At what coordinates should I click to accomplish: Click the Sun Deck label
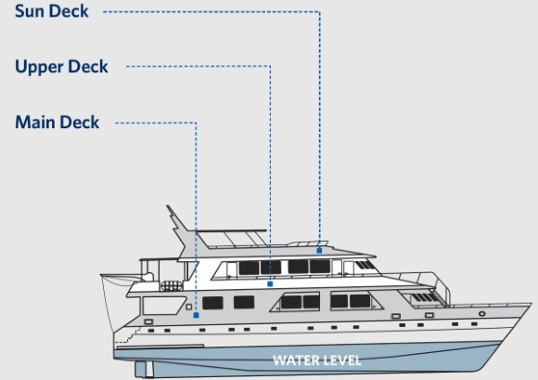[x=52, y=11]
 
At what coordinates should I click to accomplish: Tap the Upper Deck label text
[x=61, y=67]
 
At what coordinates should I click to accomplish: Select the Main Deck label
[x=58, y=123]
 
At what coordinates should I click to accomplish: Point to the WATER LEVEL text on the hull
[x=317, y=360]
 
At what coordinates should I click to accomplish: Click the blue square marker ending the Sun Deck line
[x=319, y=251]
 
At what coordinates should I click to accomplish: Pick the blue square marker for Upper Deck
[x=270, y=283]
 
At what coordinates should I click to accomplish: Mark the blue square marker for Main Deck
[x=196, y=315]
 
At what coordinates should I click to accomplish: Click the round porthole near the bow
[x=482, y=314]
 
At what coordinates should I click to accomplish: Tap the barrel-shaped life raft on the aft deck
[x=172, y=286]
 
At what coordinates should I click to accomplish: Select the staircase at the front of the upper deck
[x=438, y=296]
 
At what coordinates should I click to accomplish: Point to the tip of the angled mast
[x=168, y=206]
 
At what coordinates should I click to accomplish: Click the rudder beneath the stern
[x=144, y=369]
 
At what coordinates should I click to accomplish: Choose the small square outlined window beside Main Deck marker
[x=188, y=307]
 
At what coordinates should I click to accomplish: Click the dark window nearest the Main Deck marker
[x=212, y=303]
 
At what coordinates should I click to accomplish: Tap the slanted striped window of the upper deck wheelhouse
[x=365, y=265]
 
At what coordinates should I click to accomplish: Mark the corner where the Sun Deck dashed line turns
[x=320, y=12]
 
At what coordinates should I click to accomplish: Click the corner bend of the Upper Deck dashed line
[x=270, y=66]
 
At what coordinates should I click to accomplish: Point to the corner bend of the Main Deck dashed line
[x=196, y=123]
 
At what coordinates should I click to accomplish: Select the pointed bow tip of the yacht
[x=531, y=304]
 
